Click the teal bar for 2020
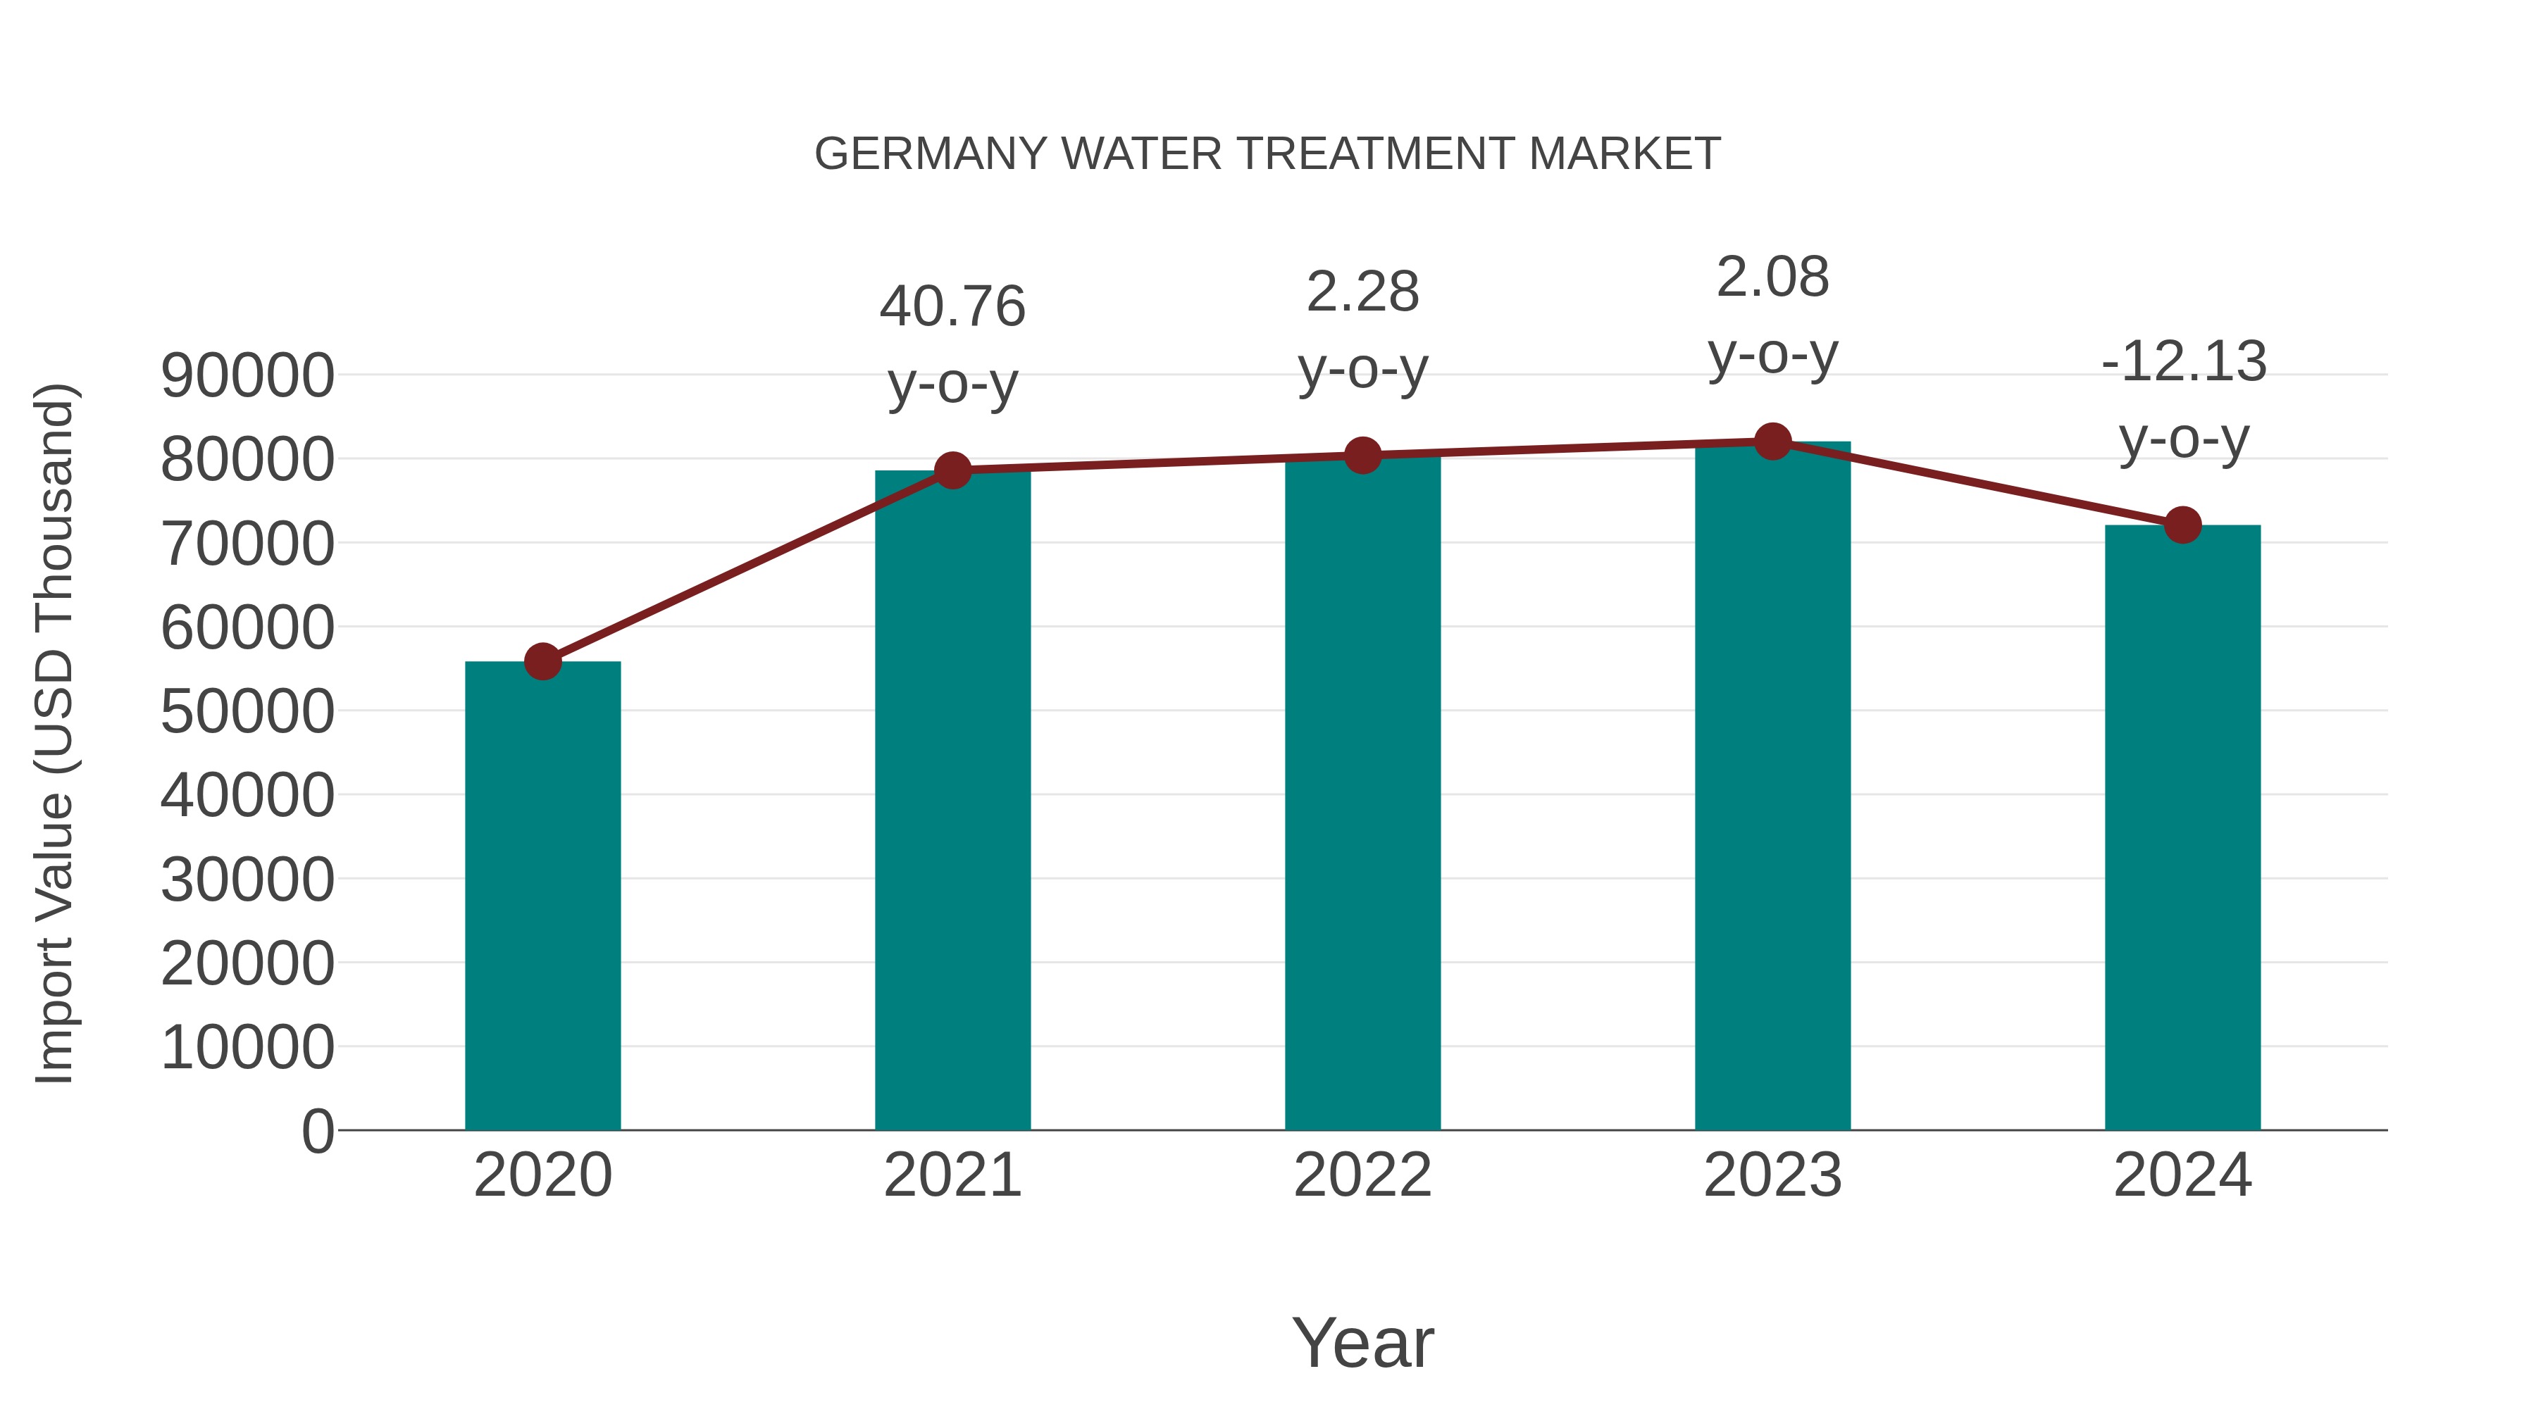pyautogui.click(x=542, y=896)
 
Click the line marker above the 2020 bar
pyautogui.click(x=542, y=661)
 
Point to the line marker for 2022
pyautogui.click(x=1362, y=456)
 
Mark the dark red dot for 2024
pyautogui.click(x=2182, y=525)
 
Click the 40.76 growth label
pyautogui.click(x=952, y=306)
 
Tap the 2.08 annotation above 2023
pyautogui.click(x=1772, y=277)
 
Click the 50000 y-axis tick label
pyautogui.click(x=247, y=711)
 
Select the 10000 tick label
pyautogui.click(x=247, y=1047)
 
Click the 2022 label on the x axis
pyautogui.click(x=1362, y=1175)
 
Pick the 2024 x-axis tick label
pyautogui.click(x=2182, y=1175)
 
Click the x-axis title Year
pyautogui.click(x=1362, y=1342)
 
